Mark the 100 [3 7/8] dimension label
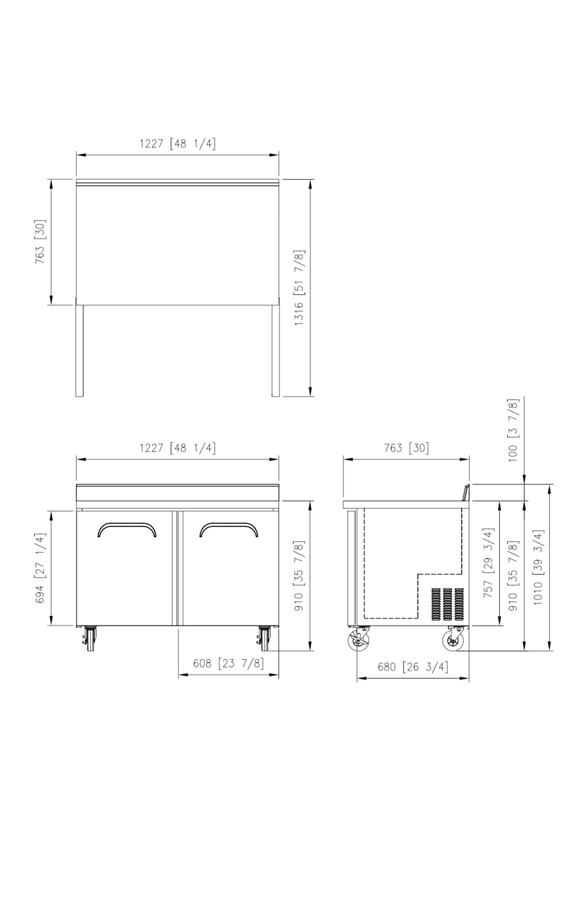pos(513,430)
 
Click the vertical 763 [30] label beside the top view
pos(41,242)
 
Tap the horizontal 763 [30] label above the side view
pos(406,447)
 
